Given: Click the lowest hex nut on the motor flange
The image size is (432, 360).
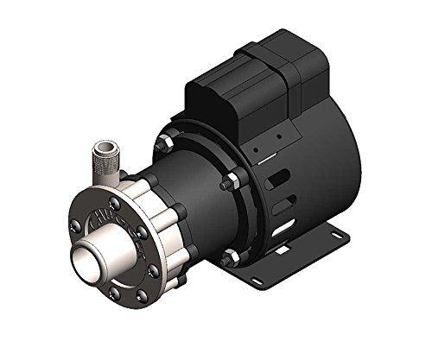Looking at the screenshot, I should [x=228, y=256].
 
